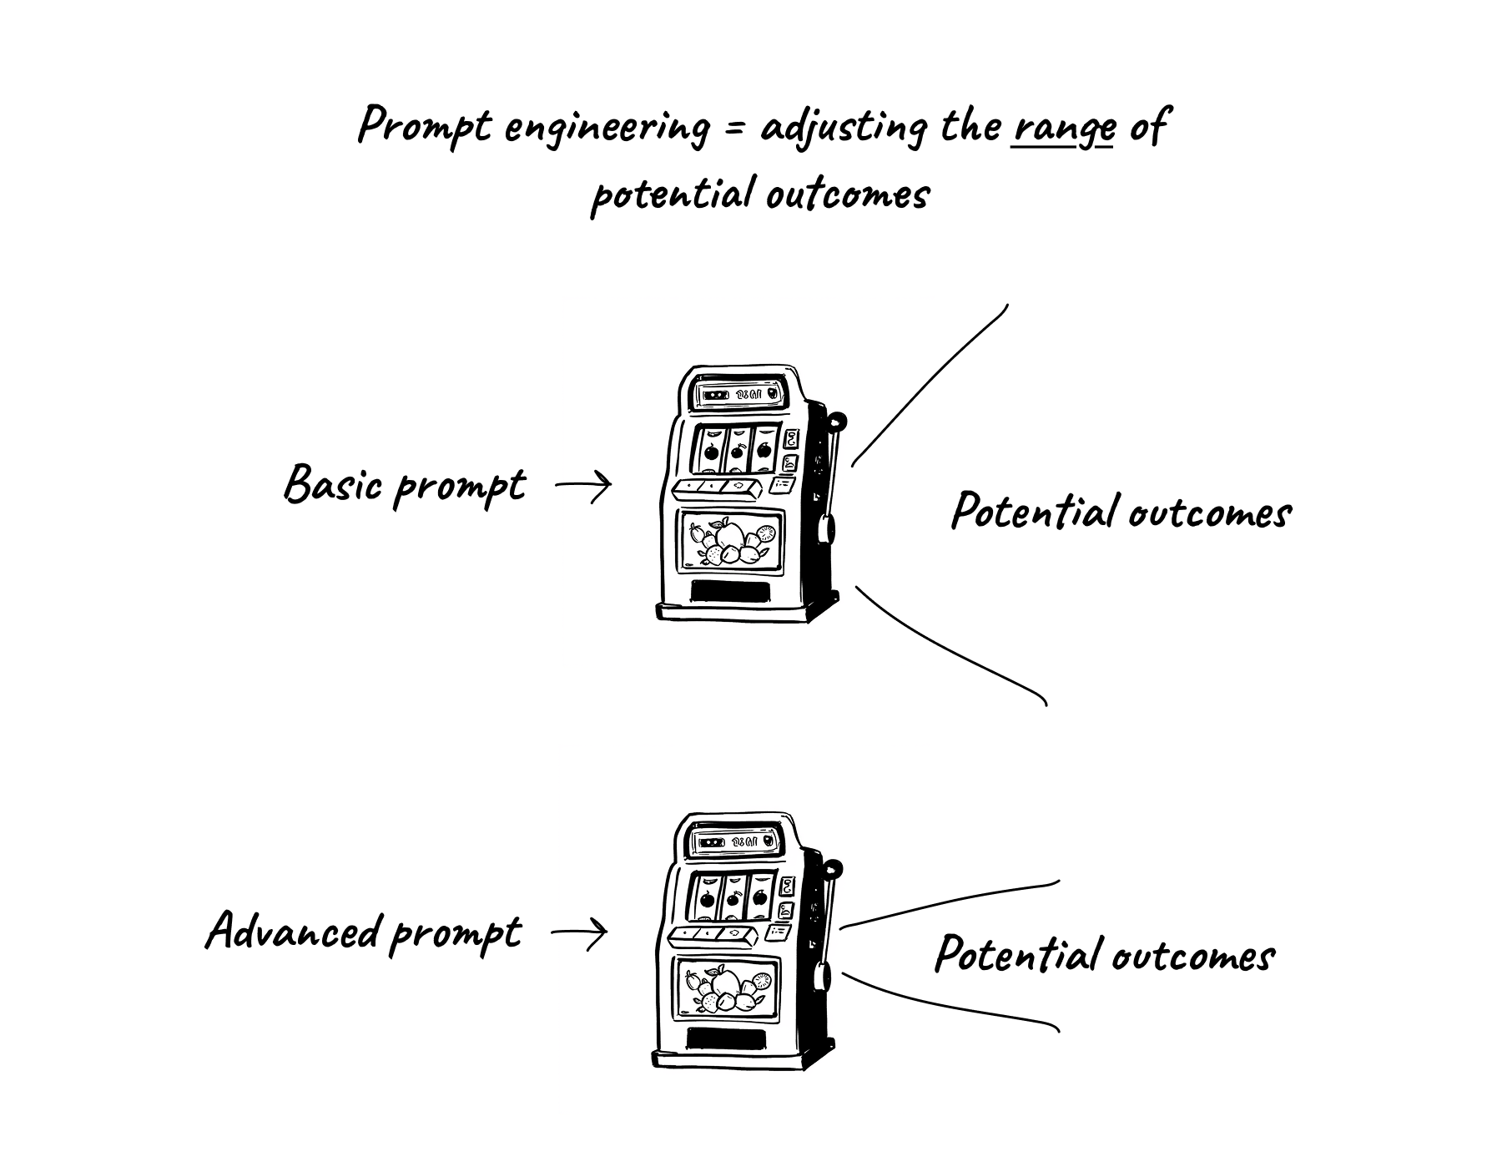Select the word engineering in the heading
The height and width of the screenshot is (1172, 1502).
pos(607,129)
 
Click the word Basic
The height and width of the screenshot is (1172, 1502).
pos(334,483)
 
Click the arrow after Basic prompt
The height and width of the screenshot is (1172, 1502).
pos(584,485)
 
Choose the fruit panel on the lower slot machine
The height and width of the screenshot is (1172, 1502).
pos(728,988)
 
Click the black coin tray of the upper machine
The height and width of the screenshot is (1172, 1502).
pos(731,591)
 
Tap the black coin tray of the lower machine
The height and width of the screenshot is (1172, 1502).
pos(726,1038)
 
